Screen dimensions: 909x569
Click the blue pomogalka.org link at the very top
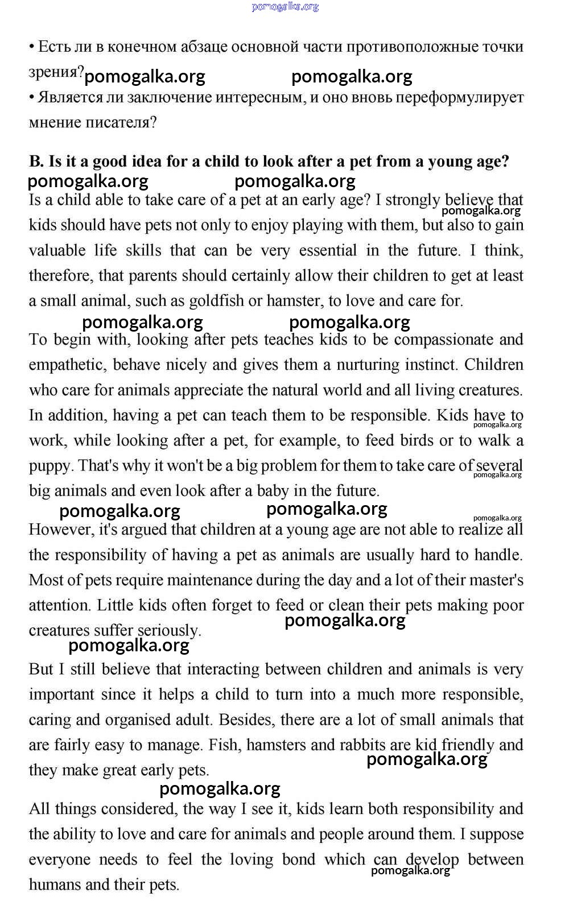click(284, 7)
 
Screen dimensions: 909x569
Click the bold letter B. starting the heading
click(36, 162)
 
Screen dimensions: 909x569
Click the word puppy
click(50, 466)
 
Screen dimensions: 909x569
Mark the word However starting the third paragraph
click(61, 530)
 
